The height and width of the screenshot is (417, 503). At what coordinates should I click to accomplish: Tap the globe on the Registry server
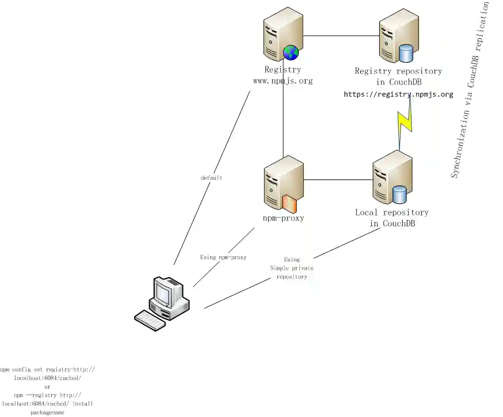click(291, 52)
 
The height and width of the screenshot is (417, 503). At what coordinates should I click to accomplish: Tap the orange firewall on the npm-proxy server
click(289, 203)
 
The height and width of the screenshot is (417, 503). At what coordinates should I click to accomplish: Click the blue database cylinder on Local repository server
click(399, 195)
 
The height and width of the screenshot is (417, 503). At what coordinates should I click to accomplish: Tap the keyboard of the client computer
click(149, 320)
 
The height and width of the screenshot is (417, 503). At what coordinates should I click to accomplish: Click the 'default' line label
click(211, 178)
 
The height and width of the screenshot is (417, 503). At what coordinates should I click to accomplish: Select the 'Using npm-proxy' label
click(223, 257)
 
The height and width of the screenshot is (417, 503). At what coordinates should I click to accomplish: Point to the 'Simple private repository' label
click(292, 268)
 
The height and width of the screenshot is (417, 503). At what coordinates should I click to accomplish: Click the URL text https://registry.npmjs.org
click(398, 94)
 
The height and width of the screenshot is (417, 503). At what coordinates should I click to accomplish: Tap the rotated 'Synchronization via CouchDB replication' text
click(470, 89)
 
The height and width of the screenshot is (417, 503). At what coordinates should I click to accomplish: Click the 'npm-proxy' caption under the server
click(283, 218)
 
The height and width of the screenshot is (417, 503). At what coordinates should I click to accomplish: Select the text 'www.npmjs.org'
click(283, 81)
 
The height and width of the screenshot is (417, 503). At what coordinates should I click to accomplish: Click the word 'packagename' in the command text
click(47, 412)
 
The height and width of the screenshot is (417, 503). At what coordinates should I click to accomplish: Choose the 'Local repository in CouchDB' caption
click(392, 218)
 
